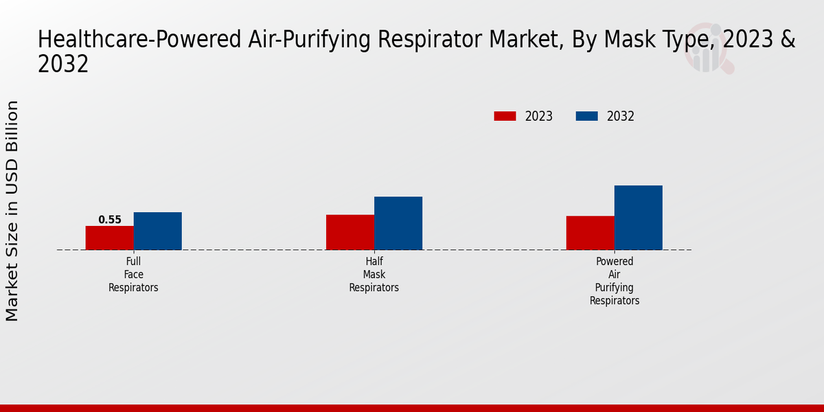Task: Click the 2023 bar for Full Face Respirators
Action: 110,238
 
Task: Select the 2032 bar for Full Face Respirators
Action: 158,231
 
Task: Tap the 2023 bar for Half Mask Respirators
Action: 350,232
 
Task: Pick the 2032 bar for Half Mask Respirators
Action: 398,223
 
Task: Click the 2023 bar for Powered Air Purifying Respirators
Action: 591,233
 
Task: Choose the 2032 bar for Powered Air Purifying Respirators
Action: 639,218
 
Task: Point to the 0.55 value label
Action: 110,220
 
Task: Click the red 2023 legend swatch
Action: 505,116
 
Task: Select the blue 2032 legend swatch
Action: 586,116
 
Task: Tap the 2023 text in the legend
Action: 539,117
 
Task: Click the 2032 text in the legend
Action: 621,117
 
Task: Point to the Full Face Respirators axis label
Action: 133,275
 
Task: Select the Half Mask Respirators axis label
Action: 374,275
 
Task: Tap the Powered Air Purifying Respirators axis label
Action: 615,281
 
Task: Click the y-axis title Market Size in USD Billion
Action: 12,211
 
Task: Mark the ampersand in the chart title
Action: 788,40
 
